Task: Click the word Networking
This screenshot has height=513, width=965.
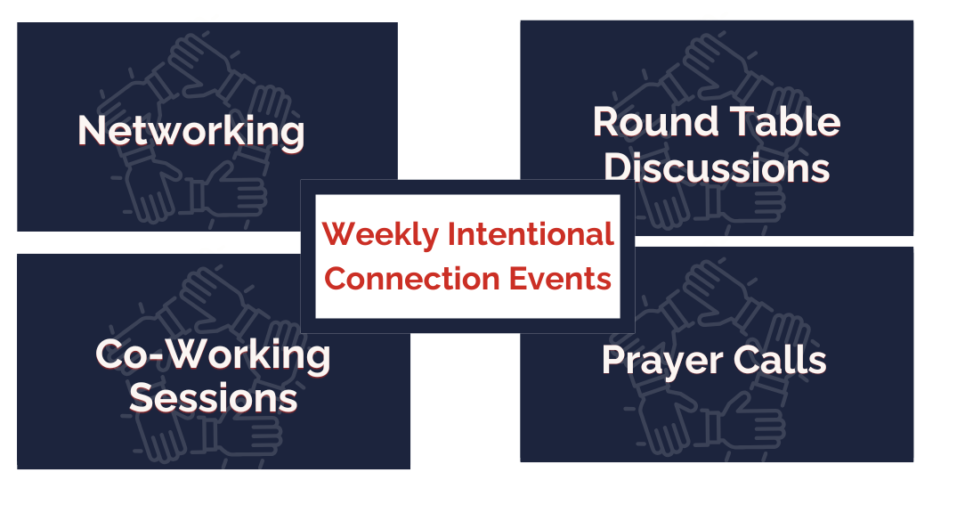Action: pyautogui.click(x=191, y=131)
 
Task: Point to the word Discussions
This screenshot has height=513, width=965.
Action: pyautogui.click(x=717, y=167)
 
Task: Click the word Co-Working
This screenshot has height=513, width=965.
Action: pyautogui.click(x=213, y=355)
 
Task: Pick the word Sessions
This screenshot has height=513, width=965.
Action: pyautogui.click(x=214, y=397)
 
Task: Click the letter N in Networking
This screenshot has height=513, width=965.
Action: pyautogui.click(x=91, y=131)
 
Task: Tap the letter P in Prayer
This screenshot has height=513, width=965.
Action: pyautogui.click(x=613, y=360)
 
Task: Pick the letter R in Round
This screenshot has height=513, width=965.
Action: pyautogui.click(x=606, y=122)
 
